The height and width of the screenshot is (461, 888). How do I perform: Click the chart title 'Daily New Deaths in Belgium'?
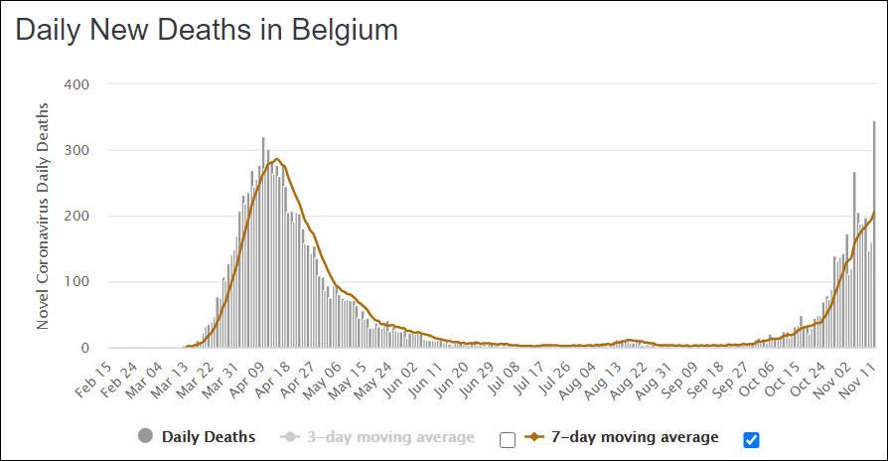207,30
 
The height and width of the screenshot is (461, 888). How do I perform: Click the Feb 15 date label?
94,376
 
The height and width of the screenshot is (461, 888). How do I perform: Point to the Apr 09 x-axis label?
252,376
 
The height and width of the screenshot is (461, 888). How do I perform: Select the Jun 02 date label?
410,376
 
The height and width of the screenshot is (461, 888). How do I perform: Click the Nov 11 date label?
861,376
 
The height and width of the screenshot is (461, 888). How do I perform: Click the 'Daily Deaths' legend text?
209,436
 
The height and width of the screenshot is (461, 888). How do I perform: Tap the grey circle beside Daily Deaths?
145,436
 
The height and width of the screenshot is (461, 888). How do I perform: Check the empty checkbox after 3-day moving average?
508,439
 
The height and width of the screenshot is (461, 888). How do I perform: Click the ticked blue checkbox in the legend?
751,439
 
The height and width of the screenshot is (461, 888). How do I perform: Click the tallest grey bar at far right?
874,238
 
